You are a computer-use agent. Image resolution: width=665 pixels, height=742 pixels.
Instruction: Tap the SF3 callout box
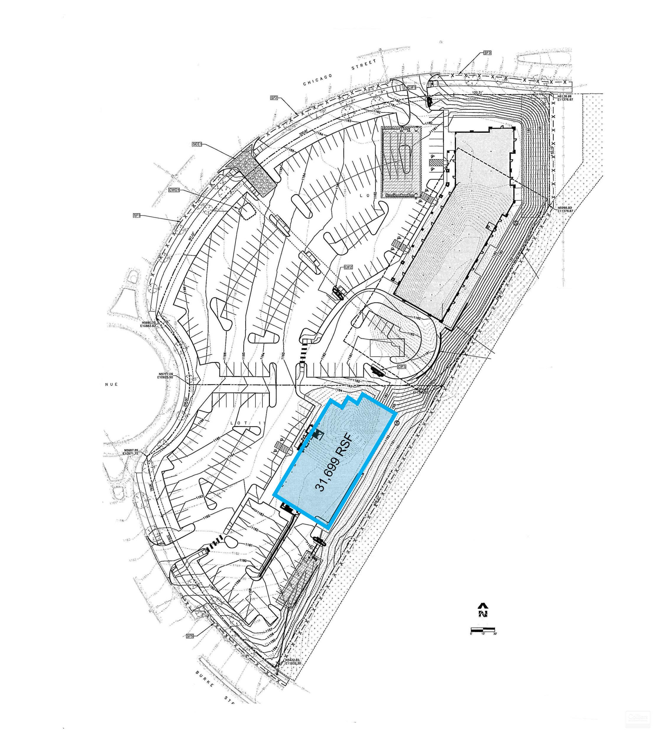point(487,53)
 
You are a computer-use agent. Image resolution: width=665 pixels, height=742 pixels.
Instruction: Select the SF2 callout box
point(274,98)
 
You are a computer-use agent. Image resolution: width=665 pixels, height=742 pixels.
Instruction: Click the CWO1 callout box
point(174,190)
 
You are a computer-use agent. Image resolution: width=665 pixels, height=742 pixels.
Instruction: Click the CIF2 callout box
point(348,267)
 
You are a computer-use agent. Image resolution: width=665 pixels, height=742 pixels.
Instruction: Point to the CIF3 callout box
point(402,366)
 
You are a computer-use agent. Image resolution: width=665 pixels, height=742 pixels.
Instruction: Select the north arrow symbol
point(483,610)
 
